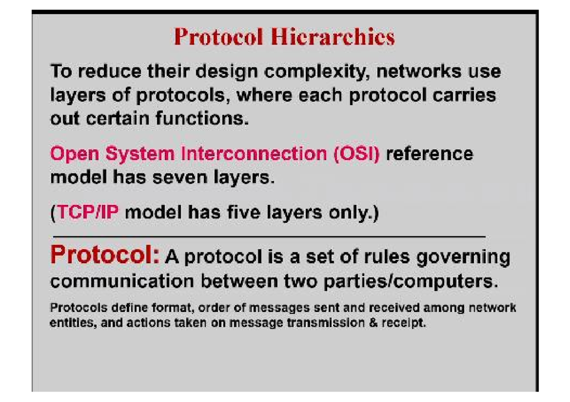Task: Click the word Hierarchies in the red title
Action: click(x=332, y=37)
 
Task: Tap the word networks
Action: click(x=419, y=71)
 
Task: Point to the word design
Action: click(x=227, y=72)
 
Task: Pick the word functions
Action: click(x=202, y=119)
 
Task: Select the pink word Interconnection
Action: click(x=254, y=154)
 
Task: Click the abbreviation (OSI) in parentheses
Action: click(x=357, y=154)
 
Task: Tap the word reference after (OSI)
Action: click(x=429, y=154)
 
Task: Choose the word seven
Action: click(x=180, y=177)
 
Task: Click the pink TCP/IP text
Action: click(x=88, y=212)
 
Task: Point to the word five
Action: click(x=244, y=212)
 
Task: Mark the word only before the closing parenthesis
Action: click(x=349, y=212)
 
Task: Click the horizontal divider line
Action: click(x=269, y=237)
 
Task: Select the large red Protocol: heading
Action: click(x=105, y=255)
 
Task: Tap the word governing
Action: click(x=464, y=257)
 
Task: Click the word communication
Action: click(x=122, y=282)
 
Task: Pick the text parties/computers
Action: click(x=410, y=282)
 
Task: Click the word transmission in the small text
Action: click(x=326, y=323)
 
